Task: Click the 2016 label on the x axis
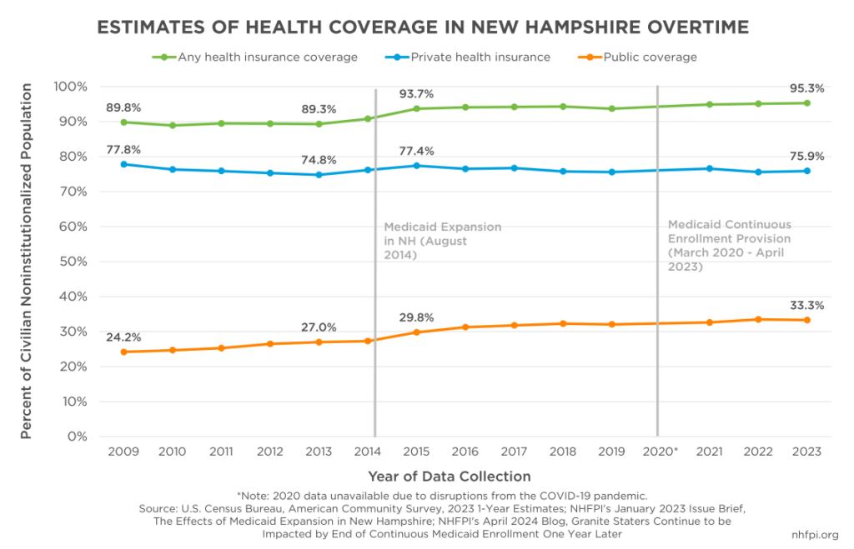coord(465,451)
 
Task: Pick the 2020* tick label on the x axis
coord(661,451)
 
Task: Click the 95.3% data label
coord(806,87)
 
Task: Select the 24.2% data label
coord(123,337)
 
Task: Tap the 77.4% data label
coord(416,151)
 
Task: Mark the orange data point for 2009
coord(123,352)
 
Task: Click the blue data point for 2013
coord(319,175)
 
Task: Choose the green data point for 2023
coord(806,103)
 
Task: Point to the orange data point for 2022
coord(758,319)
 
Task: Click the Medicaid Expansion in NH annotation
coord(442,241)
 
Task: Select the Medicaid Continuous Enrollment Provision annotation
coord(729,246)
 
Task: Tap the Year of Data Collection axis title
coord(450,477)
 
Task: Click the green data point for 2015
coord(416,108)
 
